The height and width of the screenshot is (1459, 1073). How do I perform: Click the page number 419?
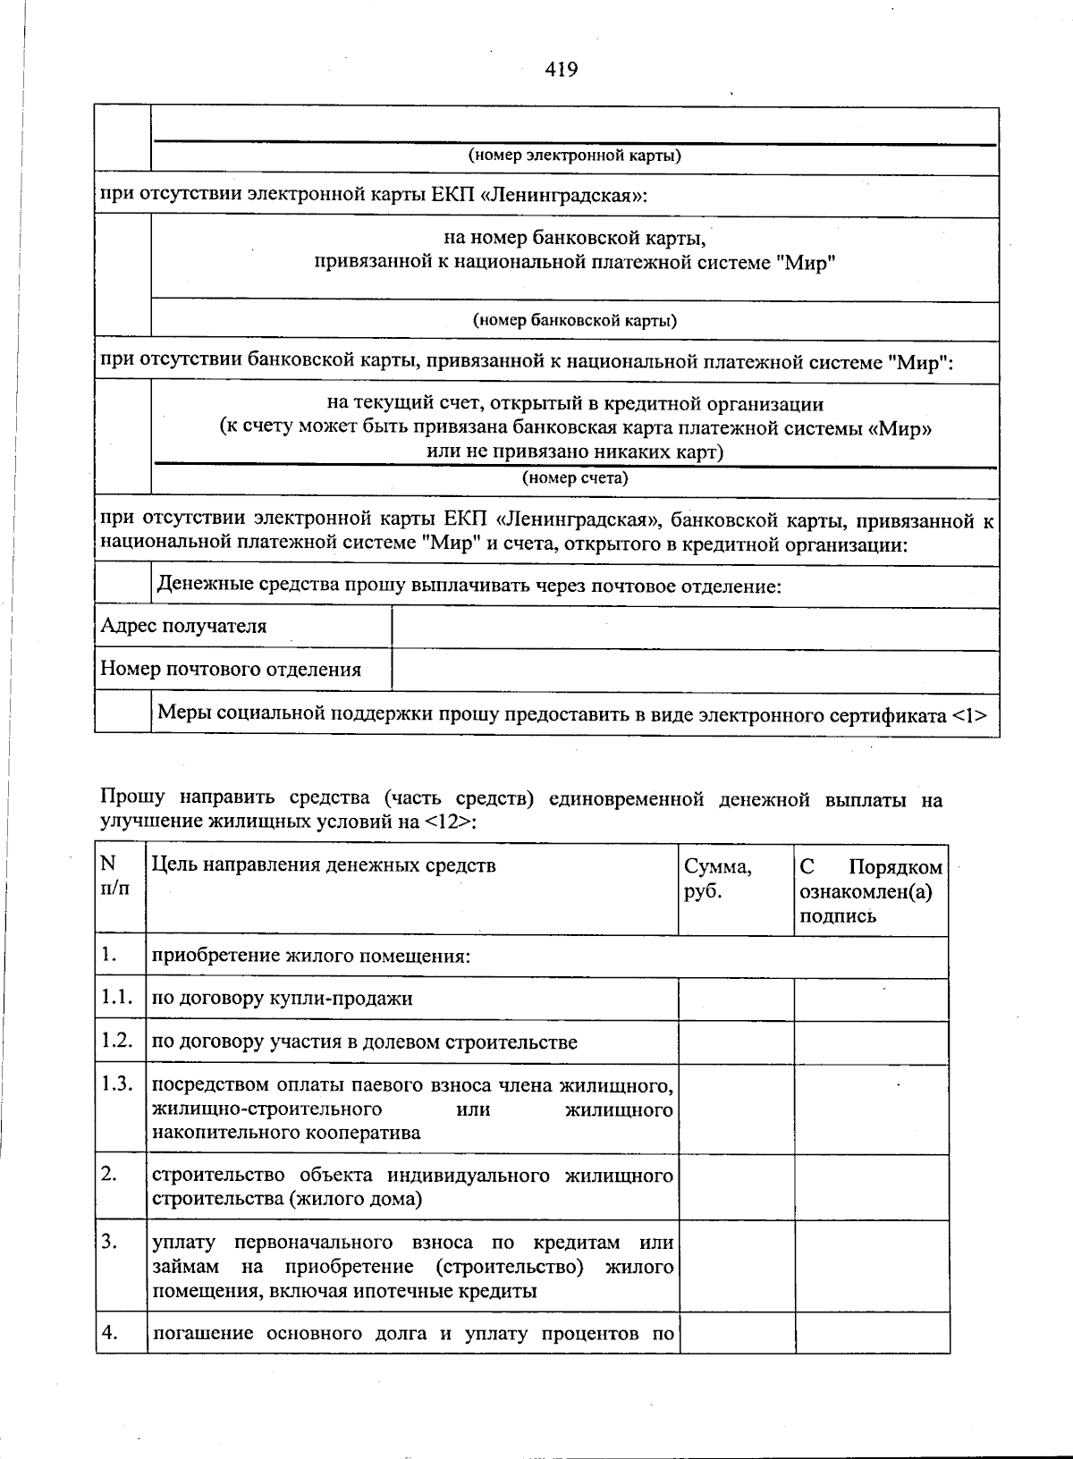562,69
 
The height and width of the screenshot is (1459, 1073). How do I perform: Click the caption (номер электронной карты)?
575,156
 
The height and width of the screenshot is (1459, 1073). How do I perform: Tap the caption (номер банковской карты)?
574,320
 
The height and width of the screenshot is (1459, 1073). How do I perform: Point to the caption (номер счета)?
575,477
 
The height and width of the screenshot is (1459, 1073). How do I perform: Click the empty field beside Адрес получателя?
695,627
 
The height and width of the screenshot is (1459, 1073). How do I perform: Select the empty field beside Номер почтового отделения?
695,670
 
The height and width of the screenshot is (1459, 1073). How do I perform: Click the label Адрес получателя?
183,626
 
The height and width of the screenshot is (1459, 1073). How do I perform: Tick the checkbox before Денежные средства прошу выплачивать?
123,586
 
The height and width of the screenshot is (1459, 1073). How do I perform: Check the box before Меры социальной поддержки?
123,714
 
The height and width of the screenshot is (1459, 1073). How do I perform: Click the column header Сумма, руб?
717,879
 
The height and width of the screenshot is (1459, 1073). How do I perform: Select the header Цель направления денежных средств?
324,864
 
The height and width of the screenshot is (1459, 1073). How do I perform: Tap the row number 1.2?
117,1041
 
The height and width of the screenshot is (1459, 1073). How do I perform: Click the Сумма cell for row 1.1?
736,999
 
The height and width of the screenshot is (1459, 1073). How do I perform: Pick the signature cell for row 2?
871,1186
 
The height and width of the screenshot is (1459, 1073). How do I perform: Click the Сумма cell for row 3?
736,1266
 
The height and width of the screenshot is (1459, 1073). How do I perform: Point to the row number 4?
110,1332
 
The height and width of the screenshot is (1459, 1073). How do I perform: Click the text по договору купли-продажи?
283,999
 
